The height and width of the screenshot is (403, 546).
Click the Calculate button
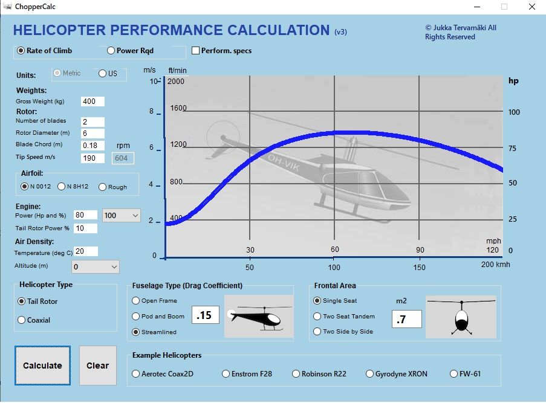(x=42, y=366)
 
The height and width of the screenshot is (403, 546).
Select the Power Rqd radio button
(x=111, y=51)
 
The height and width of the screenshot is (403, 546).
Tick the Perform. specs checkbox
(x=196, y=51)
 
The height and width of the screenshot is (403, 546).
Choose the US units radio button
(x=103, y=74)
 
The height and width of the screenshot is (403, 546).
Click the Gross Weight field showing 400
(x=93, y=102)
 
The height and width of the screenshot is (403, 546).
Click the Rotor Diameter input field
(x=93, y=133)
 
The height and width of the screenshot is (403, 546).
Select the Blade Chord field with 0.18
(x=93, y=145)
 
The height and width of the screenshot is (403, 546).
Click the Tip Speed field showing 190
(x=93, y=158)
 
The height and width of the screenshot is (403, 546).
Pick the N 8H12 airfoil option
(x=62, y=187)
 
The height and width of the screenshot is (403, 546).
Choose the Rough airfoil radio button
(x=102, y=187)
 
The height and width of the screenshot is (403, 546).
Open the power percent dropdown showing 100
(x=121, y=215)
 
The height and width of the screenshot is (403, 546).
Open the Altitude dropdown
(x=96, y=266)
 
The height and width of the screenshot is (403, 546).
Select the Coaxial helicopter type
(x=22, y=320)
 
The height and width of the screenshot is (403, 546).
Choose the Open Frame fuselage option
(x=135, y=300)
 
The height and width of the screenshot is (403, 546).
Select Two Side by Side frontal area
(x=317, y=331)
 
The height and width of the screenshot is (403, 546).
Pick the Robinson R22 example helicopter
(x=296, y=374)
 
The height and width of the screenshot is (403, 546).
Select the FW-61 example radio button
(x=454, y=374)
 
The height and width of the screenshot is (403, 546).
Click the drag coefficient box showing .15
(x=205, y=315)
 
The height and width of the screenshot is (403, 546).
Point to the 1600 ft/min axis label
(x=178, y=108)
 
